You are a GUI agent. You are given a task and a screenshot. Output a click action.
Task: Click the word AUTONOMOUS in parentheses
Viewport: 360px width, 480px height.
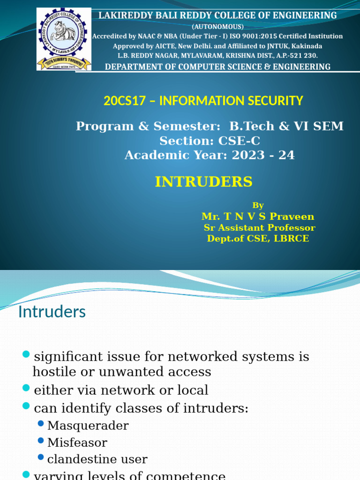[x=217, y=26]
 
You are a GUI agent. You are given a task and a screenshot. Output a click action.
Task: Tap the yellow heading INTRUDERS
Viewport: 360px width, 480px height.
[x=204, y=181]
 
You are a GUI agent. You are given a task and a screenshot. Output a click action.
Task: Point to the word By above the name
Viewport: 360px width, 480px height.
[x=258, y=205]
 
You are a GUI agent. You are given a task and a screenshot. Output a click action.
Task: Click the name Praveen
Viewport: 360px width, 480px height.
[x=294, y=217]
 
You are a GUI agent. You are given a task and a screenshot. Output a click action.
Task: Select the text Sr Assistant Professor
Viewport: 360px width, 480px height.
[x=259, y=228]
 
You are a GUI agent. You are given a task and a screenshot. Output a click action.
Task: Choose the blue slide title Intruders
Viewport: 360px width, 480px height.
[x=52, y=312]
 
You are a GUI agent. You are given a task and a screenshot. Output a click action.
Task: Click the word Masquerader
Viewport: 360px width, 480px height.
[x=88, y=426]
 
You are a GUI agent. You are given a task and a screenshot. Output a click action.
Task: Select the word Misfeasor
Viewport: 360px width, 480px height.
[x=77, y=442]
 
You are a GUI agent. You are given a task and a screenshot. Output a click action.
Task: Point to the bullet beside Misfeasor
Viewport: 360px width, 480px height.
[x=41, y=441]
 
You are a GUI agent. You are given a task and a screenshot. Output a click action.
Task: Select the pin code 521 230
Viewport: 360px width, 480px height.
[x=304, y=55]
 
